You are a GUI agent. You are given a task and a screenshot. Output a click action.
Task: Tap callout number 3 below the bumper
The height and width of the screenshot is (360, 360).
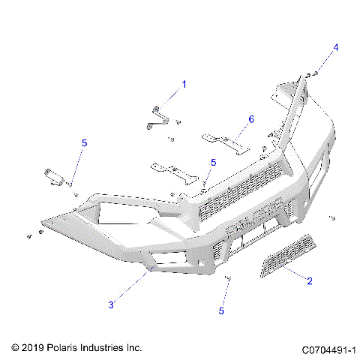click(111, 304)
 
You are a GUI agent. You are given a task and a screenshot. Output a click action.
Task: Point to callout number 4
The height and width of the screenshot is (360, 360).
click(336, 48)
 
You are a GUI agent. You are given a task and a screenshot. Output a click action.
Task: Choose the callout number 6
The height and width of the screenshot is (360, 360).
click(251, 119)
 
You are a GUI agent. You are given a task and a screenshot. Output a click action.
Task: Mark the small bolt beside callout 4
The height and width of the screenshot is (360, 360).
click(316, 73)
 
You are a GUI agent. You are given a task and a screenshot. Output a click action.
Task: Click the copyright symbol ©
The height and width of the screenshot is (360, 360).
click(14, 349)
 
